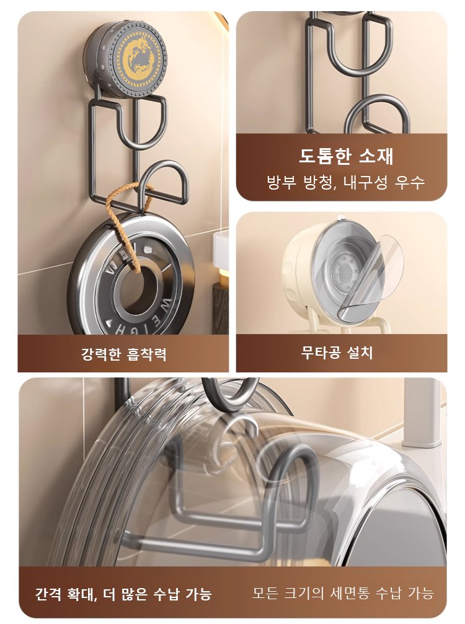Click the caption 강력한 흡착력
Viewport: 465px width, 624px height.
[124, 353]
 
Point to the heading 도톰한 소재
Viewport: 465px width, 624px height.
[346, 156]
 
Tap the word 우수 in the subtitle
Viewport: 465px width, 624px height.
[410, 183]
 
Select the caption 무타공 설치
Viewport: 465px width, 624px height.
[337, 352]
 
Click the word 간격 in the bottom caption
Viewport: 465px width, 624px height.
[48, 594]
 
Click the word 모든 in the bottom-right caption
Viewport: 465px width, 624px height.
[264, 594]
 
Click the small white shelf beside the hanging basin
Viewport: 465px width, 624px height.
[220, 252]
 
